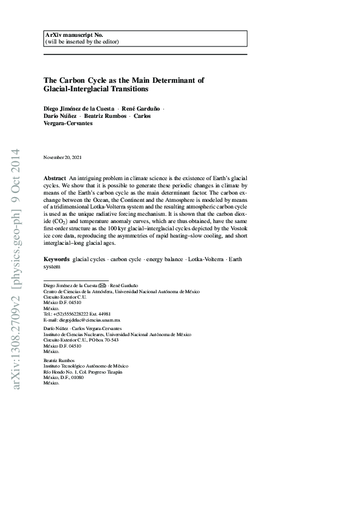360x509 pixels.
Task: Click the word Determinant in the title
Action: click(177, 79)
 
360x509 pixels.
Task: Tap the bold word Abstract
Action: click(54, 180)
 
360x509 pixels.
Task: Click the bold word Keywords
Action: click(56, 259)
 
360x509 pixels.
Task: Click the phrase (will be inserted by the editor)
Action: click(82, 42)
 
